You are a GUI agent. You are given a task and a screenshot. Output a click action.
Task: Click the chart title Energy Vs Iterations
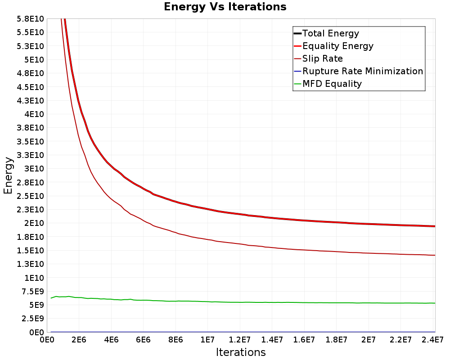tap(225, 7)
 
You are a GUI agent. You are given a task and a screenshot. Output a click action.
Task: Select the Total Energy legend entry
tap(327, 33)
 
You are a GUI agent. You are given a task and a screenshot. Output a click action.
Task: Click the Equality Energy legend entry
tap(334, 46)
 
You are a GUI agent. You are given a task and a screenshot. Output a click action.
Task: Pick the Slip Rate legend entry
tap(319, 58)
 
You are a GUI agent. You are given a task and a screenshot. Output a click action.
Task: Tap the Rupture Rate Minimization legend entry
tap(359, 71)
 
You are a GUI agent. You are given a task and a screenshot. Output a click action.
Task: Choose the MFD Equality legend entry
tap(328, 84)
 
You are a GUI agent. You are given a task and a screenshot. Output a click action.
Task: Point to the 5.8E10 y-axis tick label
tap(30, 19)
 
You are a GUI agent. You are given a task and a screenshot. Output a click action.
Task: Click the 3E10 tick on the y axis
tap(34, 168)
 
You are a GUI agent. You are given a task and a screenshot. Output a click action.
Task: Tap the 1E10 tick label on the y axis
tap(34, 278)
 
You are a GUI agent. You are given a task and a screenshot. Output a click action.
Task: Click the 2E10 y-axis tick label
tap(34, 223)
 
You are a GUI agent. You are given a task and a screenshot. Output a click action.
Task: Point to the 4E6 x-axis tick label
tap(111, 340)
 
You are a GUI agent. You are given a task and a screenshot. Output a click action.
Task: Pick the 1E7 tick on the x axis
tap(207, 340)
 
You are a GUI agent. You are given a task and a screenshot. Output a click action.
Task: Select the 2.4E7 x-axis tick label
tap(433, 340)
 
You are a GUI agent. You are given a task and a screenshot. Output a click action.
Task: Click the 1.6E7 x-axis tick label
tap(304, 340)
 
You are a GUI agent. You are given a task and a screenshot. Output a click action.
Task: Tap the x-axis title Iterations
tap(241, 352)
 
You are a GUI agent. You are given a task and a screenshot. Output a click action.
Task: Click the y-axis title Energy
tap(8, 175)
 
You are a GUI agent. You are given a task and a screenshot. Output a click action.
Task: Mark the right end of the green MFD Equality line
tap(435, 303)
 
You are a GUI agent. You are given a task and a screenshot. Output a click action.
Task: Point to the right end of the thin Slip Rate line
tap(435, 255)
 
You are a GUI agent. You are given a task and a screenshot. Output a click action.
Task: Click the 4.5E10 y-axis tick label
tap(30, 87)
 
